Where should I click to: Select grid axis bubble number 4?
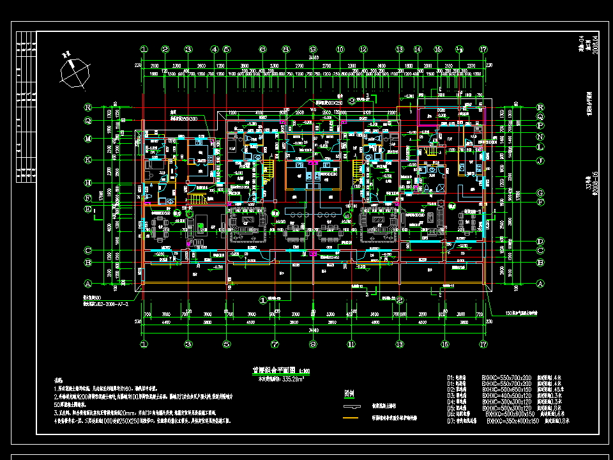[x=215, y=49]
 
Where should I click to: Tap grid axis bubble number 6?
[x=262, y=49]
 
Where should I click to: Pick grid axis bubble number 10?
[x=340, y=49]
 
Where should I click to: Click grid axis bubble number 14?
[x=417, y=49]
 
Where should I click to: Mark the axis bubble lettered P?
[x=540, y=125]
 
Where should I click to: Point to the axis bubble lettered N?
[x=540, y=137]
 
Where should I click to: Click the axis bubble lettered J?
[x=540, y=160]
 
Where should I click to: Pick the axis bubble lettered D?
[x=540, y=241]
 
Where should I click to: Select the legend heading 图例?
[x=349, y=394]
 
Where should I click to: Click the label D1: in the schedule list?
[x=451, y=378]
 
